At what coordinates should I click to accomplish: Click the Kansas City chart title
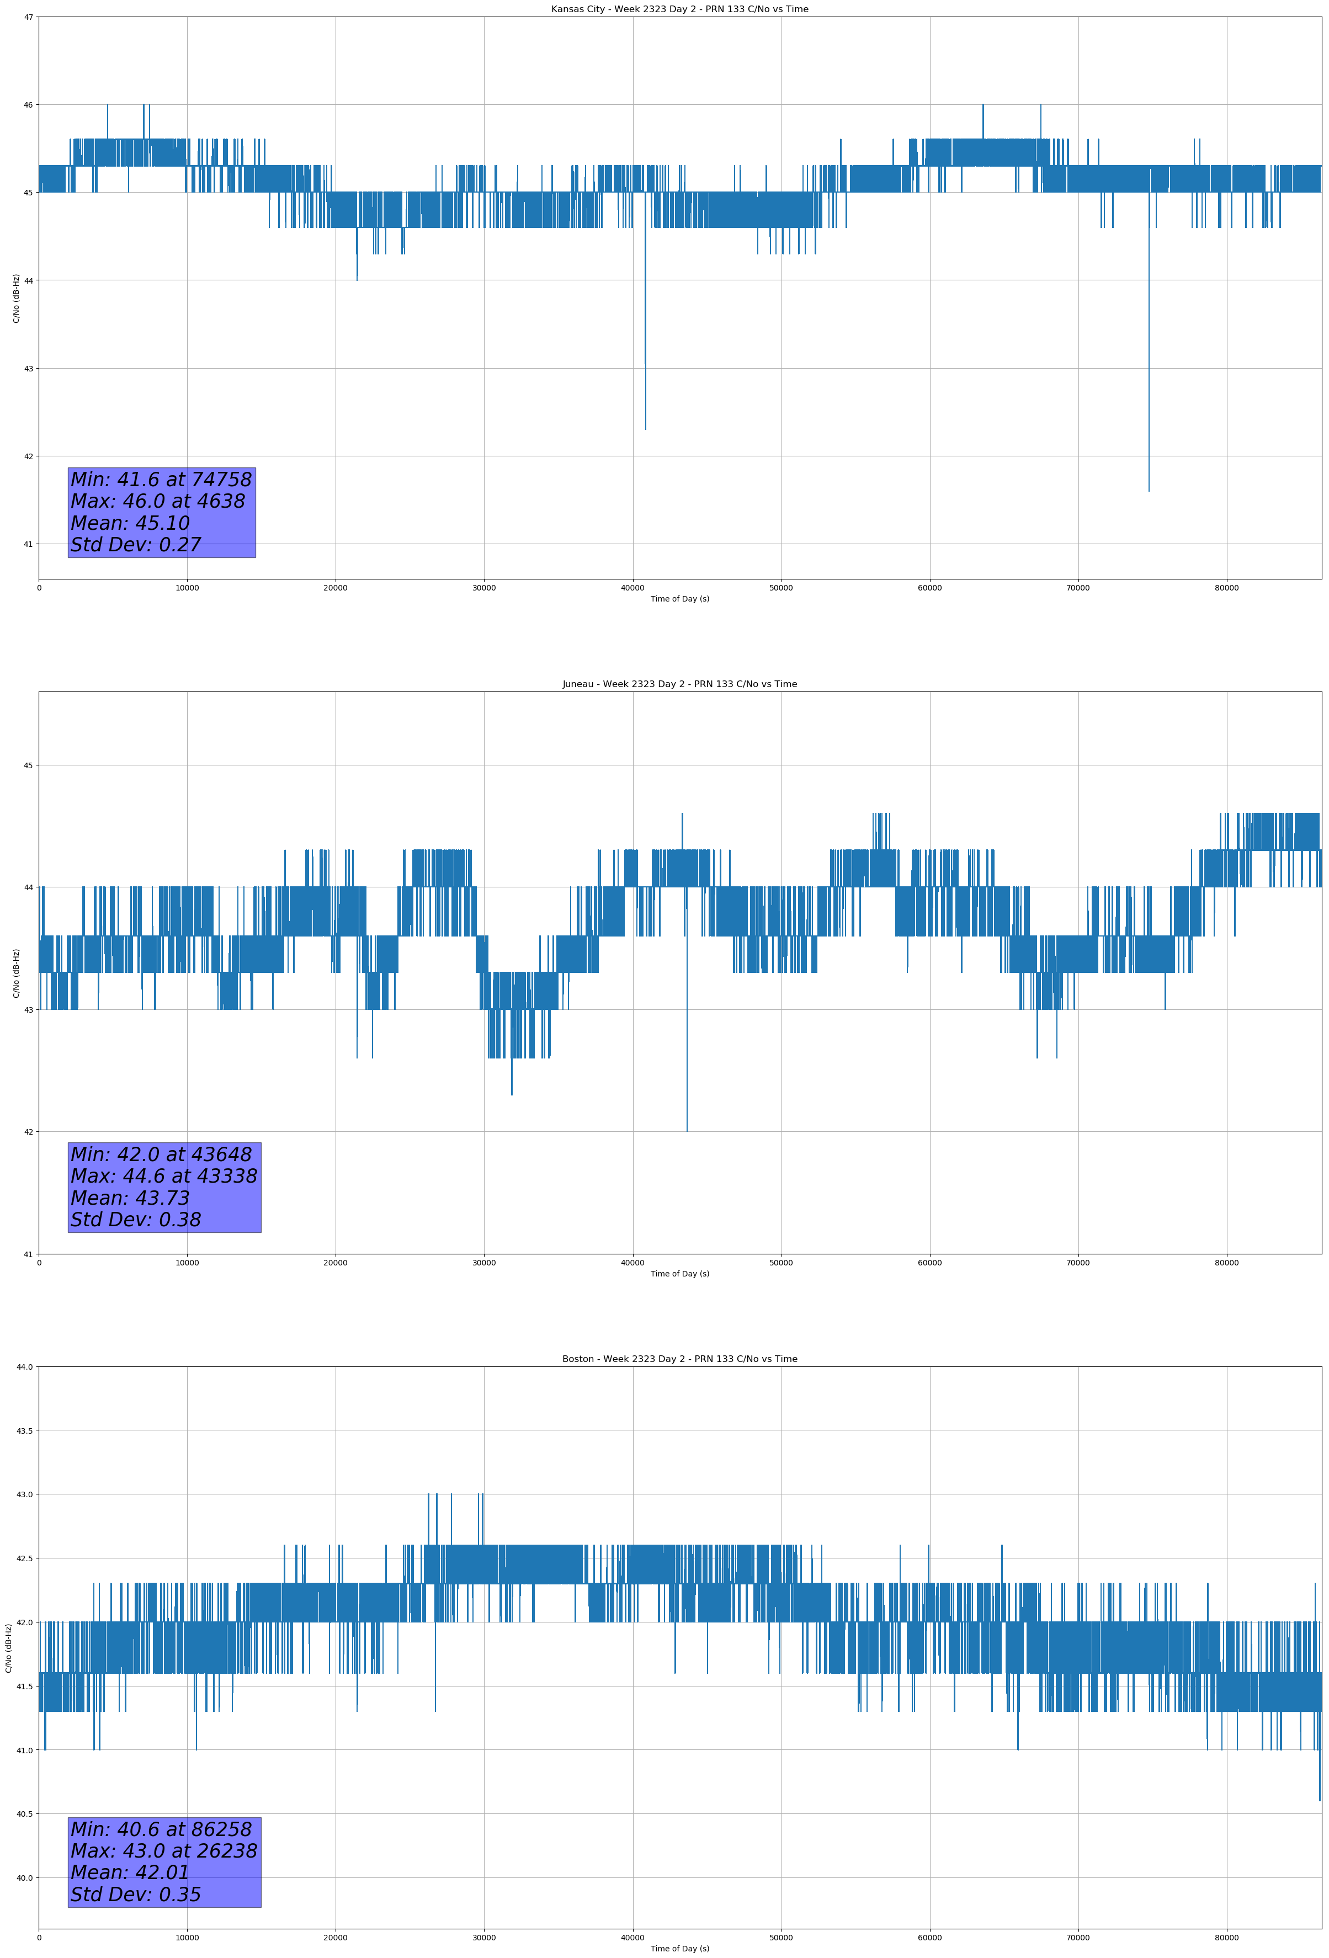click(x=679, y=9)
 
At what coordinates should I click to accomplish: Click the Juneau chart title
click(x=679, y=684)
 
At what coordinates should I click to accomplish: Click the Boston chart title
click(x=679, y=1359)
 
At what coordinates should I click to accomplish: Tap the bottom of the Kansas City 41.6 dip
click(x=1149, y=491)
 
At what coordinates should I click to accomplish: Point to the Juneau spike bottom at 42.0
click(x=687, y=1131)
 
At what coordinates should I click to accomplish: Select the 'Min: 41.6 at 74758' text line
click(x=161, y=480)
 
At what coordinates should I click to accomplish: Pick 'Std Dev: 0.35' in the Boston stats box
click(x=136, y=1895)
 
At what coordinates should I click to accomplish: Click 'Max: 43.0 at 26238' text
click(x=163, y=1851)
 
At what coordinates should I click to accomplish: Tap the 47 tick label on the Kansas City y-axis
click(x=29, y=17)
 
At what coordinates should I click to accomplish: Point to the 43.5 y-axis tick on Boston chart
click(x=25, y=1430)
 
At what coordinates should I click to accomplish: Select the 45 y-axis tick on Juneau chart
click(x=29, y=765)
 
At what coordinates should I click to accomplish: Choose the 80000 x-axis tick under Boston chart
click(x=1226, y=1938)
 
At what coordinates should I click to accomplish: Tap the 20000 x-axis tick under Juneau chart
click(x=336, y=1263)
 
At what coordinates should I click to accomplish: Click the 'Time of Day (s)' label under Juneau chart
click(x=679, y=1274)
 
